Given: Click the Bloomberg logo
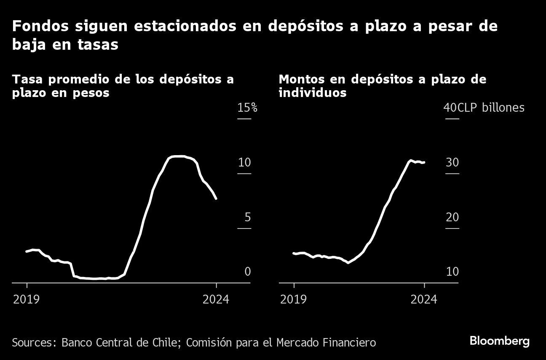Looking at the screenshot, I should (499, 341).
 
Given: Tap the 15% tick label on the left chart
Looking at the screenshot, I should (247, 108).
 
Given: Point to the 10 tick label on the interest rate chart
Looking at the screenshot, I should (244, 162).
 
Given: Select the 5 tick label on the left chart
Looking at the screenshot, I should (248, 217).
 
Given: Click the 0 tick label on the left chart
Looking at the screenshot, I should (248, 271).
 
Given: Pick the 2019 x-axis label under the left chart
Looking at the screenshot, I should (26, 299).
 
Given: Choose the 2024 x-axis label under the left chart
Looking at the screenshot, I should (216, 299).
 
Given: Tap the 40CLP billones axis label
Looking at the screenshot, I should (484, 108).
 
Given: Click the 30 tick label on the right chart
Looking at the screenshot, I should (452, 162).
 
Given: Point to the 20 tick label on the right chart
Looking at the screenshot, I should (452, 217).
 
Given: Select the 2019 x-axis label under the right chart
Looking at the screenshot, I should (293, 299).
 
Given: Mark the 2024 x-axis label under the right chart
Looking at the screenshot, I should (424, 299).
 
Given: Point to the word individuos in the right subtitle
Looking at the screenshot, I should (312, 93).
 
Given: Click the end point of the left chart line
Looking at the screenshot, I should (216, 199).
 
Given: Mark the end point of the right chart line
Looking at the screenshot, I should (424, 162).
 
